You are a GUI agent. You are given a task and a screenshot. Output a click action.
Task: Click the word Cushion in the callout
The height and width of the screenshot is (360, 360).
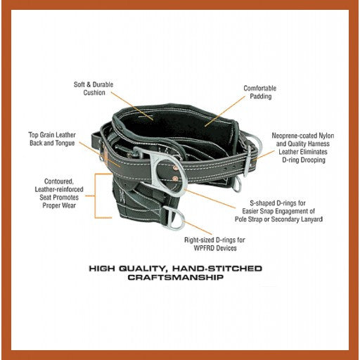94,93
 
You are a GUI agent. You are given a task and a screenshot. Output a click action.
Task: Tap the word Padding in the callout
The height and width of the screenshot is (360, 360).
261,96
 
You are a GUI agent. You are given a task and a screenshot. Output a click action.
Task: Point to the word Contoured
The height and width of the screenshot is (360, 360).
59,181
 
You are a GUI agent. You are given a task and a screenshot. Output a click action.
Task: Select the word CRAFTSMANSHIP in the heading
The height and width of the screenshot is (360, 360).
176,278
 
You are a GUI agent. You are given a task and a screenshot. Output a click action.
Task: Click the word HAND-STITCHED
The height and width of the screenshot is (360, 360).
217,269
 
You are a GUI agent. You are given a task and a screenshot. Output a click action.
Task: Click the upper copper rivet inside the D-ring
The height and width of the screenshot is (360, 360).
175,168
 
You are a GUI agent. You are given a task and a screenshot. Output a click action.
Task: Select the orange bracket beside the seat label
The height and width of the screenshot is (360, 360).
95,196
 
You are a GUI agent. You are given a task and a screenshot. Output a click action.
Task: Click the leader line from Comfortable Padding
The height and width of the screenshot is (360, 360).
225,112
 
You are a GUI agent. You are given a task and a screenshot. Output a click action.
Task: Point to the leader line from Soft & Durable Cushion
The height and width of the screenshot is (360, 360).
132,106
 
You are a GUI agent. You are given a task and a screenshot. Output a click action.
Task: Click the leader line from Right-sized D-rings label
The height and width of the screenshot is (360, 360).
198,227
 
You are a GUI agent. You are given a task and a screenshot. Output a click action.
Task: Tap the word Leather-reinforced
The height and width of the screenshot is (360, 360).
59,189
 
